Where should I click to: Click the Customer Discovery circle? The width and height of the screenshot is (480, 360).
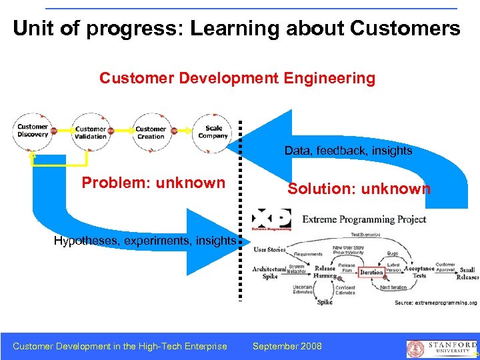click(x=32, y=131)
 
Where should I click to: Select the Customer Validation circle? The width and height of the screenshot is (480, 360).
click(x=91, y=133)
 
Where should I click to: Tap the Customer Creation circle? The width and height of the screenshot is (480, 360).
click(x=151, y=132)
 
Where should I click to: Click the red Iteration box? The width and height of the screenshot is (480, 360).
click(x=371, y=272)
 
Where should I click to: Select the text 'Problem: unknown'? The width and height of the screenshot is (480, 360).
click(x=153, y=183)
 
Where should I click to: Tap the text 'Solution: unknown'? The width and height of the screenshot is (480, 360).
click(x=359, y=189)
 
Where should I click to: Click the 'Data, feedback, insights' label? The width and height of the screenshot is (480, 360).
click(x=348, y=151)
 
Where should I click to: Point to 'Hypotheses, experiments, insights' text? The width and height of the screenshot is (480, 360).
click(x=145, y=240)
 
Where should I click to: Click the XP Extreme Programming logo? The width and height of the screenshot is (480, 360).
click(x=271, y=219)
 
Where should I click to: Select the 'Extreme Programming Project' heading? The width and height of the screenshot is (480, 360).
click(x=373, y=219)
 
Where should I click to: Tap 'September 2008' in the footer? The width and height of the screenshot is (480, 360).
click(x=287, y=346)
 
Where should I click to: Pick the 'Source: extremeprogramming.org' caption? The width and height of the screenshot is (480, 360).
click(x=435, y=302)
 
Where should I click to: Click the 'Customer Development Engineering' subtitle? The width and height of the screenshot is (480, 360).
click(x=237, y=79)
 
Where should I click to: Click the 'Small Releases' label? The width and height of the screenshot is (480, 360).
click(x=467, y=273)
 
